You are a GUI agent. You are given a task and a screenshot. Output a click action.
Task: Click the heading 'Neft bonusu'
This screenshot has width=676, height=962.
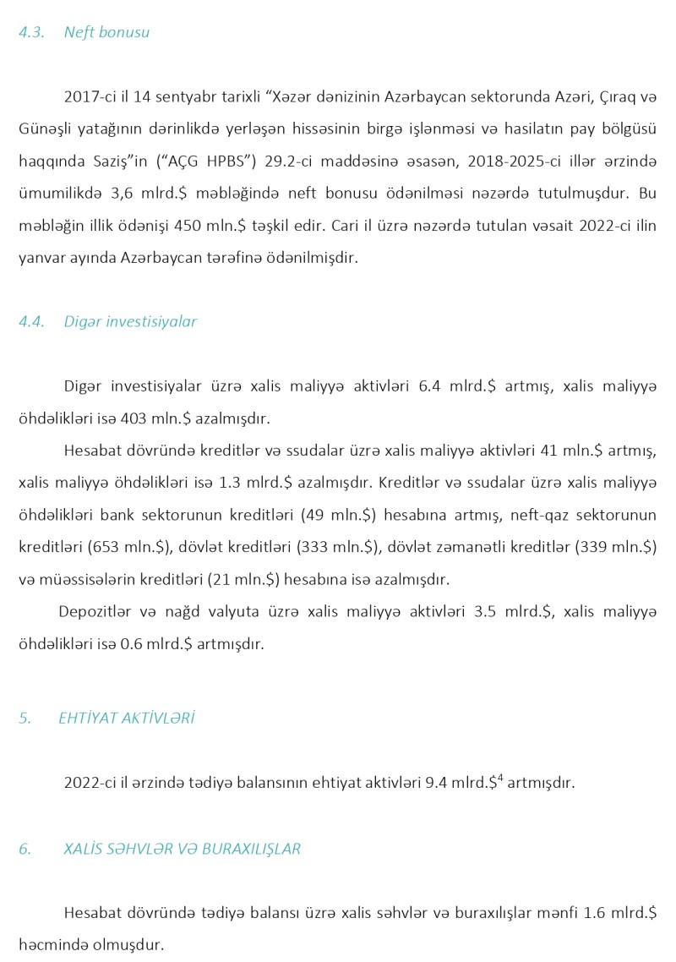[106, 33]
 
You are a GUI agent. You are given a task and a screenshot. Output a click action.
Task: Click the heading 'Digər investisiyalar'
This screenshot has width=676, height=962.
[130, 322]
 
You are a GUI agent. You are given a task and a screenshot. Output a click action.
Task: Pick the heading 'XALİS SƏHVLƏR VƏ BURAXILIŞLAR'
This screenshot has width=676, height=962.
[182, 849]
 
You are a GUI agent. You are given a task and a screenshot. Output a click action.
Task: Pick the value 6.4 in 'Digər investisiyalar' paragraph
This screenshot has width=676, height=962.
[429, 386]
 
